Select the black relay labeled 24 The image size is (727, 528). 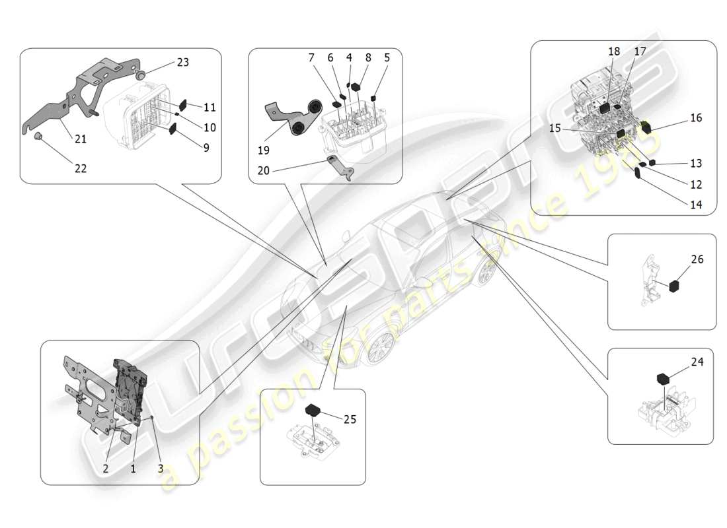tap(664, 378)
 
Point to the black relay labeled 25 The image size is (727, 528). tap(313, 409)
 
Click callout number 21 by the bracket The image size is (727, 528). tap(80, 140)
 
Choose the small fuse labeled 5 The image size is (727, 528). tap(373, 98)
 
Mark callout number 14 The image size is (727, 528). tap(695, 205)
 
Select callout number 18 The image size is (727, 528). tap(614, 51)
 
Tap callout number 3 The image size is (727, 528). tap(160, 469)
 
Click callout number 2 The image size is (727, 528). tap(105, 469)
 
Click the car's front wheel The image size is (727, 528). tap(382, 346)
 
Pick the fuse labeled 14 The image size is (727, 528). tap(638, 174)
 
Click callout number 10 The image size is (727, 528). tap(209, 127)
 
